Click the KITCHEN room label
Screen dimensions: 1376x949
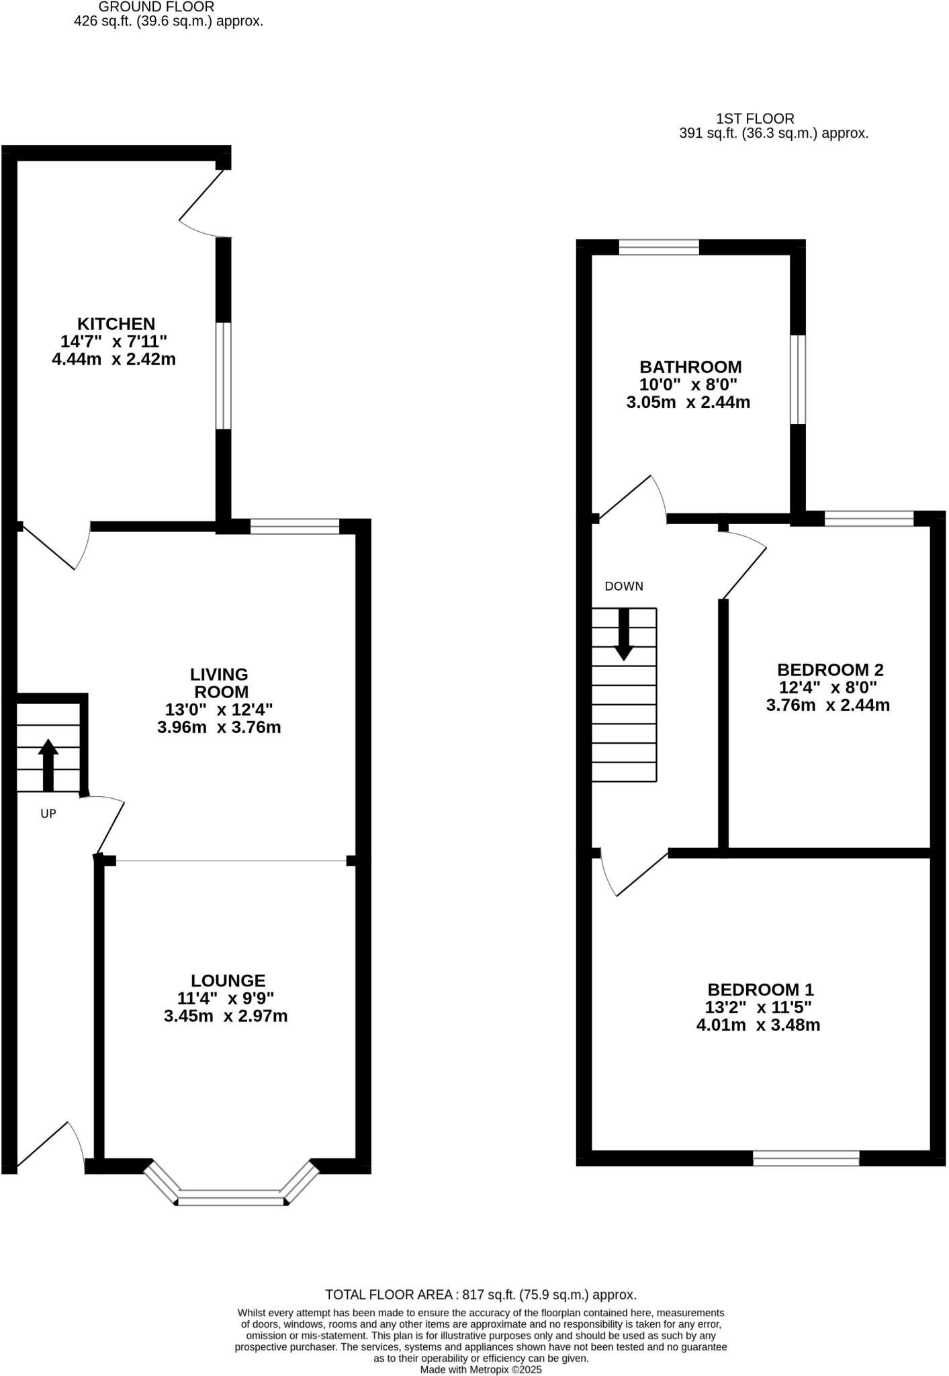[116, 323]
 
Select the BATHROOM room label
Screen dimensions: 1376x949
[690, 367]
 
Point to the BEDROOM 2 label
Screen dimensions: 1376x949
[829, 669]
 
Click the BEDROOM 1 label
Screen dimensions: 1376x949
[760, 989]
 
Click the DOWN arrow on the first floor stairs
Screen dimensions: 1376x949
[624, 634]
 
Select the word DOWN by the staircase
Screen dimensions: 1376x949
[624, 586]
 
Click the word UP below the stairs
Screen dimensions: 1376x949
[48, 814]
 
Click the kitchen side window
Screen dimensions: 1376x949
[223, 376]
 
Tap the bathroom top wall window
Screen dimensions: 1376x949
[658, 247]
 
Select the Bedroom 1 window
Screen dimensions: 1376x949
[805, 1158]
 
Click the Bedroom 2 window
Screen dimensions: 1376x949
[868, 518]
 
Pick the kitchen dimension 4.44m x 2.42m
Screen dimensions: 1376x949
[114, 359]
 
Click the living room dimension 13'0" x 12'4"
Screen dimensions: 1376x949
[219, 709]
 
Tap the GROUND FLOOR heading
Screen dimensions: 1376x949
[156, 7]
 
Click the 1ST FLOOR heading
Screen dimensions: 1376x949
[755, 119]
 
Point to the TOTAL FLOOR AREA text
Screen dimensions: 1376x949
[480, 1295]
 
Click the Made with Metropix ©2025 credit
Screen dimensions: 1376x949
[480, 1369]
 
